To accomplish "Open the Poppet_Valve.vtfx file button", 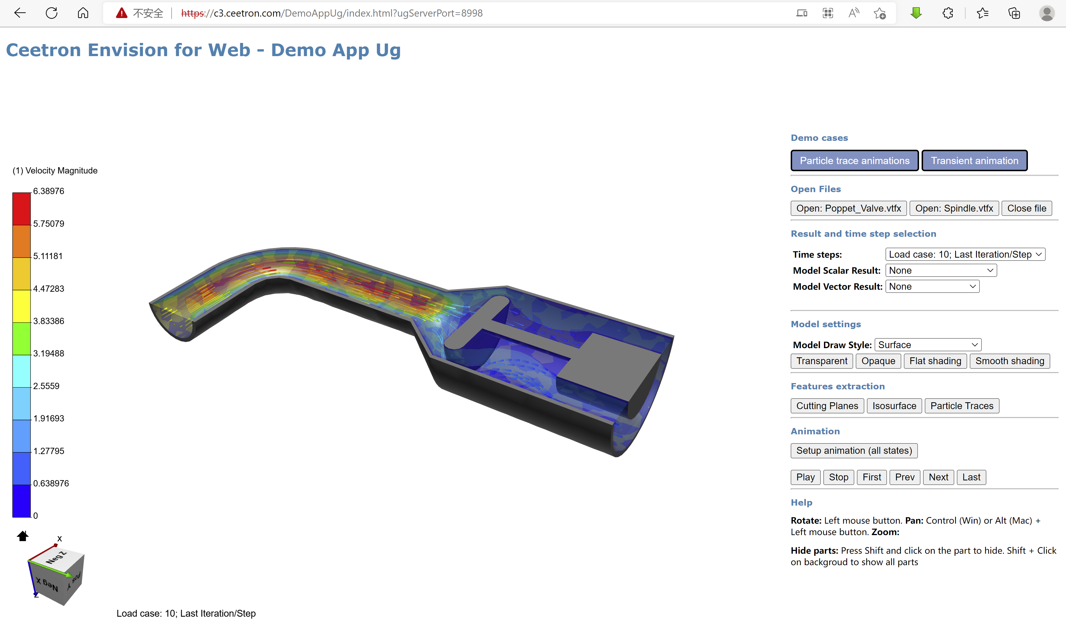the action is point(848,208).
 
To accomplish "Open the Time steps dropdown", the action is point(965,254).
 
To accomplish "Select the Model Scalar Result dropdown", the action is point(941,271).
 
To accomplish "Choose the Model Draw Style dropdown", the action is point(928,345).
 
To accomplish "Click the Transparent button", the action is point(821,361).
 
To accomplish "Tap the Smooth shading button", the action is point(1010,361).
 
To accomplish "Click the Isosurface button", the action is point(894,406).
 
